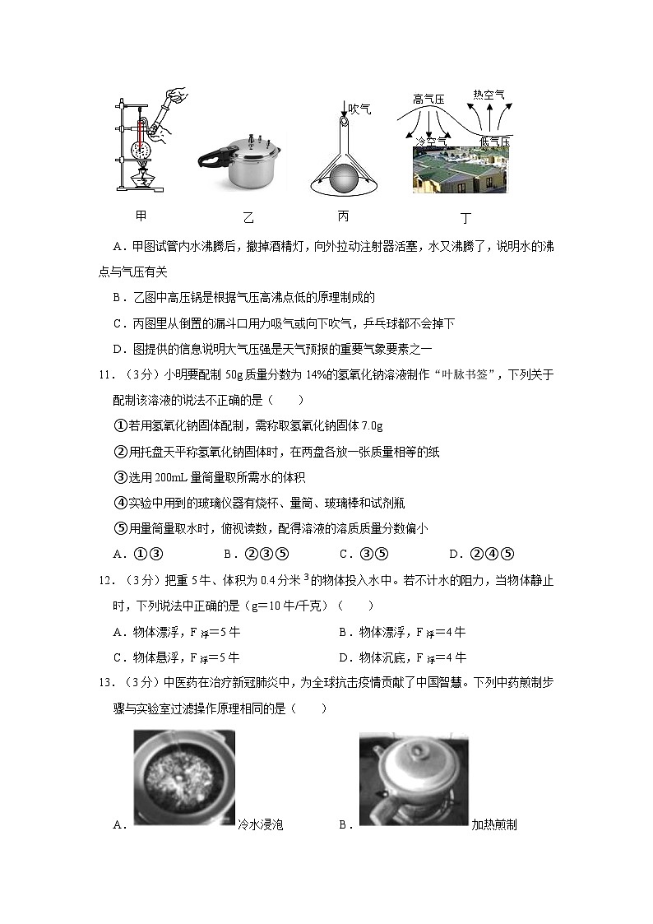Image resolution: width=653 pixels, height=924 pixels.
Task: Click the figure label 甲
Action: pos(141,216)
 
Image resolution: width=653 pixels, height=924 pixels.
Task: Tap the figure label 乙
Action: pos(248,218)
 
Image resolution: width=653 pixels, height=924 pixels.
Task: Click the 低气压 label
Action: pos(494,142)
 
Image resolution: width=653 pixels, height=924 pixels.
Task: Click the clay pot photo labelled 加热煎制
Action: pos(414,778)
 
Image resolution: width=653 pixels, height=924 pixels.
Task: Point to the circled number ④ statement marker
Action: pos(118,503)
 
